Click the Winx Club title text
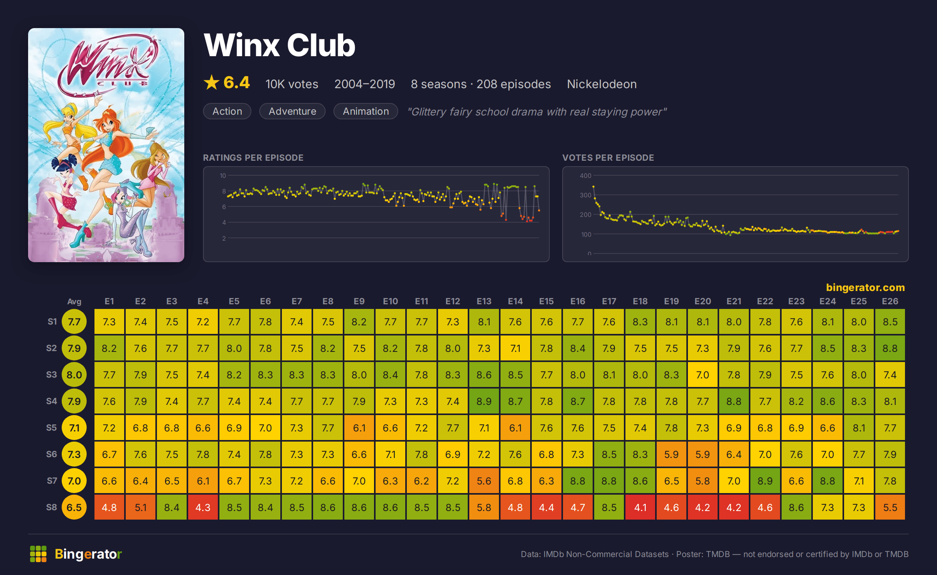coord(280,45)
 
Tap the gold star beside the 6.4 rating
coord(212,83)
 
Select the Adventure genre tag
coord(292,111)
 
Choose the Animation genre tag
coord(366,111)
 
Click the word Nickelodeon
coord(602,84)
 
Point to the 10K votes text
coord(292,84)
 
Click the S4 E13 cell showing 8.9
coord(484,401)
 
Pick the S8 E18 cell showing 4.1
coord(640,507)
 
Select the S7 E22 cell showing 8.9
coord(765,481)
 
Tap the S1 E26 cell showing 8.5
coord(890,321)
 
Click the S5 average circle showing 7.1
coord(74,428)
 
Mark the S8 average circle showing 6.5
coord(74,507)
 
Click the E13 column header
coord(484,301)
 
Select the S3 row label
coord(52,374)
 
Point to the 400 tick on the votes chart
coord(585,176)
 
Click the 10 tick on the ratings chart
coord(223,176)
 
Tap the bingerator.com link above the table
coord(865,287)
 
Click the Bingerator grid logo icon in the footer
coord(38,554)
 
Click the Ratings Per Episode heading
coord(253,158)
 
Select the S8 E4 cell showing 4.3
coord(203,507)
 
